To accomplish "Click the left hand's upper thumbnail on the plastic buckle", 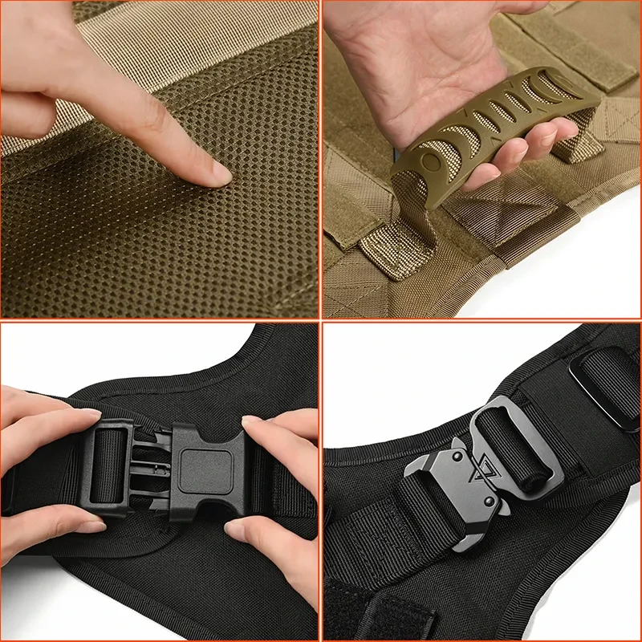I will point(90,414).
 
